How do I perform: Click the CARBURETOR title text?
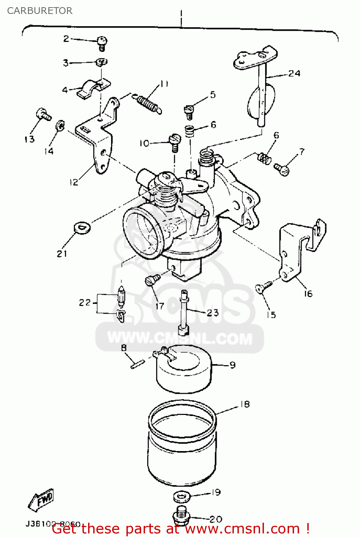pos(40,11)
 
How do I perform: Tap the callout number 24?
pos(294,73)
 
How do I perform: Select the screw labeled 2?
pos(102,43)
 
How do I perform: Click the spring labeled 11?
pos(149,103)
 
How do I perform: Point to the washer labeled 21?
pos(82,227)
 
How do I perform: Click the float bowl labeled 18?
pos(182,444)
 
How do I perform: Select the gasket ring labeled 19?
pos(182,497)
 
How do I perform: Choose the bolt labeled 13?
pos(43,115)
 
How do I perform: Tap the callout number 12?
pos(74,182)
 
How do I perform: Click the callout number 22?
pos(85,303)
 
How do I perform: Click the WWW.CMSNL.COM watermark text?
pos(180,338)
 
